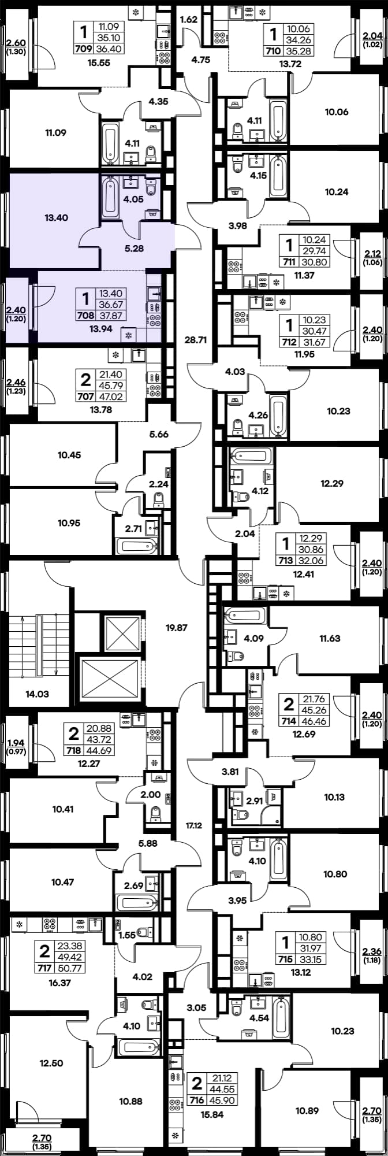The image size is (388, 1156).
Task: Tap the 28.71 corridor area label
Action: coord(195,340)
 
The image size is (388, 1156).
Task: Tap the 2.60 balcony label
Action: coord(16,42)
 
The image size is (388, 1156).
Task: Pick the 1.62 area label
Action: coord(189,20)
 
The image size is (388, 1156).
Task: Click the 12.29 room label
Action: coord(331,483)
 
